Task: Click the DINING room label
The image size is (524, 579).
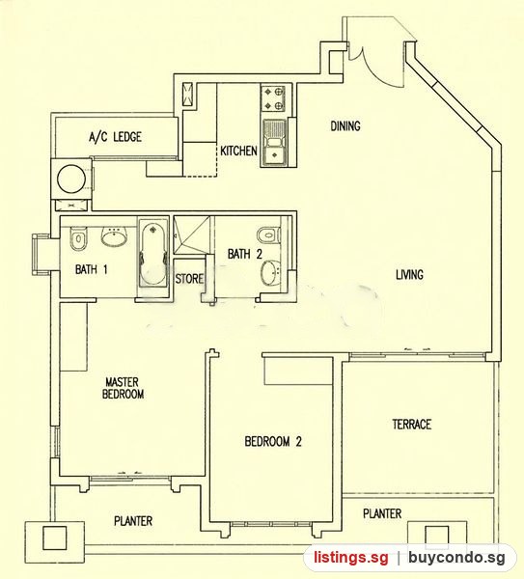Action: pos(345,126)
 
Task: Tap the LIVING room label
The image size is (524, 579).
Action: pos(409,275)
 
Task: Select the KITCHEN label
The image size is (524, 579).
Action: pos(238,151)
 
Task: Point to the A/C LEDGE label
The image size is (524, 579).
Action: pos(115,137)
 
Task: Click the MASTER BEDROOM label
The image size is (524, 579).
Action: pos(123,388)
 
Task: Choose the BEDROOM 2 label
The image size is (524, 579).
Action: pos(273,441)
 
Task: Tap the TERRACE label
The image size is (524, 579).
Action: pos(412,425)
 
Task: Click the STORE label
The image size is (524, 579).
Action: pos(189,279)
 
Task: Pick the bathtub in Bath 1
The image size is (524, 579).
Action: pos(153,255)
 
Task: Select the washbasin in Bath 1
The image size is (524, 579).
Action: pos(115,236)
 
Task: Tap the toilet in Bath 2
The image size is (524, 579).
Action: pos(269,234)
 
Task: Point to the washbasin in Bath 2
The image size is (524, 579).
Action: pos(270,274)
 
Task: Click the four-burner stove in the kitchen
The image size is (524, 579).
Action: pos(273,98)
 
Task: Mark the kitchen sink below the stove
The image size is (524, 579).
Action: pos(274,142)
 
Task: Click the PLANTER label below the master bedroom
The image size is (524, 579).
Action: pos(133,521)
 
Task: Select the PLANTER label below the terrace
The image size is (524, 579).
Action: pos(382,513)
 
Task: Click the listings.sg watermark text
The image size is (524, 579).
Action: pos(351,557)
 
